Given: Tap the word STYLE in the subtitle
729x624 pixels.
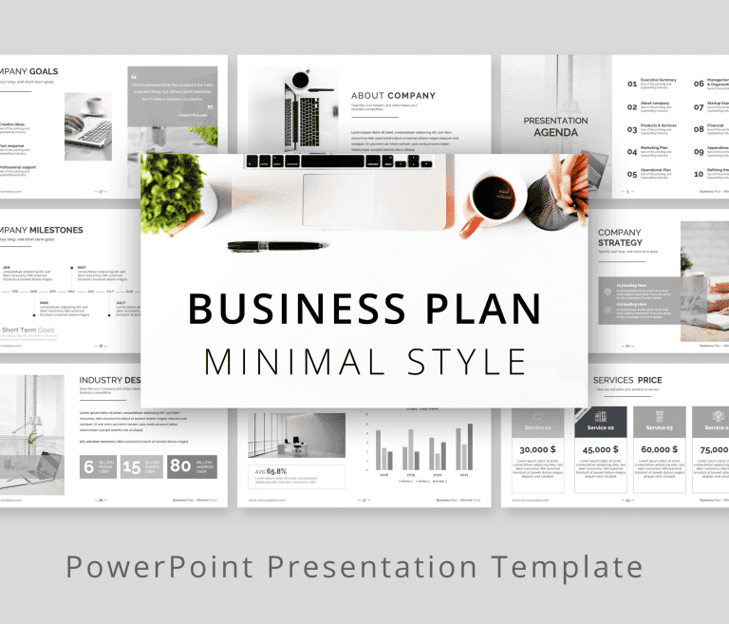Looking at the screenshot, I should click(x=466, y=362).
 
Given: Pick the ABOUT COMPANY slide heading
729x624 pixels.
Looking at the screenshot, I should click(x=393, y=96).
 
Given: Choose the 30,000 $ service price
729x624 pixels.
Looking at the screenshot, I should click(x=538, y=449).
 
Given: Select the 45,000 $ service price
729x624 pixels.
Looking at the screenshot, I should click(x=600, y=449).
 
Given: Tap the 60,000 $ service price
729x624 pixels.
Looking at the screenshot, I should click(x=659, y=449).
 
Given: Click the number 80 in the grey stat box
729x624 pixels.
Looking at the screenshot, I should click(x=180, y=466).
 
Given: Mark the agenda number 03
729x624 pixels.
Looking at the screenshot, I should click(x=632, y=129).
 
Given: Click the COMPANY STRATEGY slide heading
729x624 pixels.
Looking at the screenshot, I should click(x=620, y=237).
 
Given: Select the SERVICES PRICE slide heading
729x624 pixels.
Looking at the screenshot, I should click(x=627, y=380).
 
